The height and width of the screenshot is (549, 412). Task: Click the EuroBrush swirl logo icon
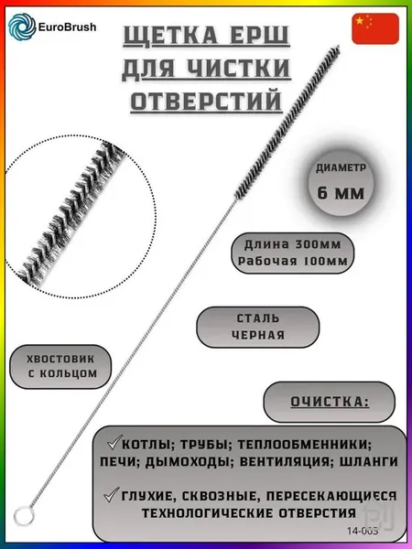point(22,27)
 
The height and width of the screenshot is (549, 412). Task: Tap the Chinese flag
point(375,28)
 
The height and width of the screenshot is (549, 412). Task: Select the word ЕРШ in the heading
point(260,36)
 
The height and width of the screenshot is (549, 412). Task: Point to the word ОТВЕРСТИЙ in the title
point(206,101)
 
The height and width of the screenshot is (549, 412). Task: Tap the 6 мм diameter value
point(341,193)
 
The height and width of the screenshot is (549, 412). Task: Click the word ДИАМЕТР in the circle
point(341,168)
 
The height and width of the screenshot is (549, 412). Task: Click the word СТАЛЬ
point(258,318)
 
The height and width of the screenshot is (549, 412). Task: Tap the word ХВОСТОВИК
point(60,359)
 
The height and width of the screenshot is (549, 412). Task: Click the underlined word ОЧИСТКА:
point(330,402)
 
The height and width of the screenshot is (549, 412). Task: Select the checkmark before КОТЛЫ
point(114,443)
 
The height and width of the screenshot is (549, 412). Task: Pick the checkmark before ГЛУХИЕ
point(112,495)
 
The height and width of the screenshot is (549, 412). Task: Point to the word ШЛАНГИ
point(369,461)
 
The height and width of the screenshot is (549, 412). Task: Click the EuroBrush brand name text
point(67,27)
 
